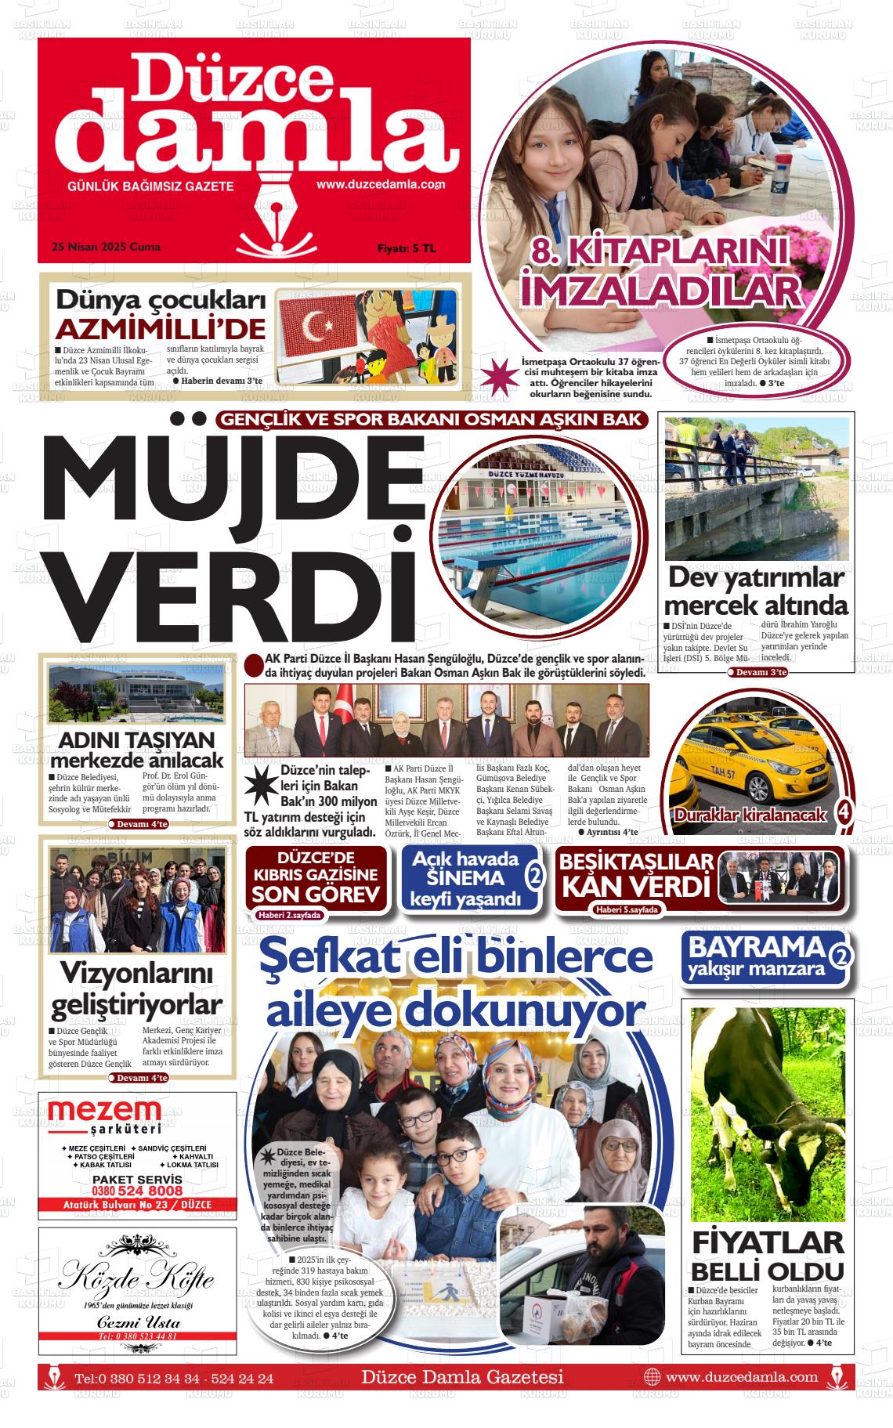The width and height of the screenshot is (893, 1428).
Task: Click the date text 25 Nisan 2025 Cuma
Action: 105,247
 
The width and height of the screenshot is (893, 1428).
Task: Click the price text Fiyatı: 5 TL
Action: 407,248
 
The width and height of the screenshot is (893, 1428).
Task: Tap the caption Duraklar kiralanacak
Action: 751,815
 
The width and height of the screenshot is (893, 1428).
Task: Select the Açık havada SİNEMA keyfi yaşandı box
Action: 470,877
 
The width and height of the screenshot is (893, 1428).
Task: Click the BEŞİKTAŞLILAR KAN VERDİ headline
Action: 636,875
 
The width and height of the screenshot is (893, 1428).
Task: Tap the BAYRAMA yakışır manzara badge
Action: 757,956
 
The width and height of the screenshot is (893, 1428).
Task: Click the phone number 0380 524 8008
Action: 137,1191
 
